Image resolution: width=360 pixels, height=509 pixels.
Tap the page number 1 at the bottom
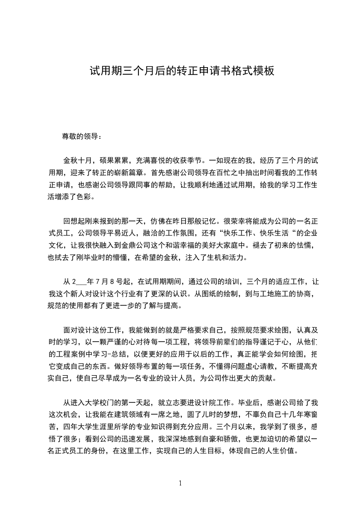point(180,483)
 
